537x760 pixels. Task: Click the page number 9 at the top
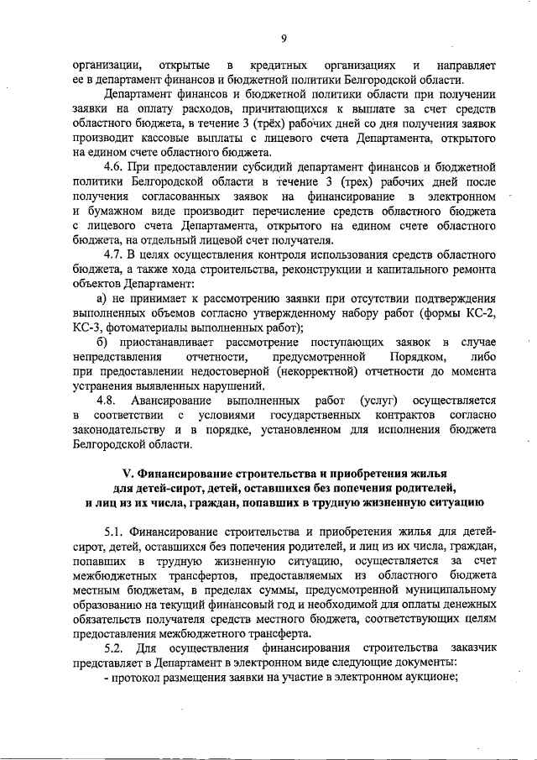[x=284, y=38]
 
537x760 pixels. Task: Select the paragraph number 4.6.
[x=116, y=167]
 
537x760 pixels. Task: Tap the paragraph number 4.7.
[x=116, y=254]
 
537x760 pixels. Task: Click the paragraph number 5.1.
[x=116, y=531]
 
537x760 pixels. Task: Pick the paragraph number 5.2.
[x=113, y=647]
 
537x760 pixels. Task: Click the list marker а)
[x=103, y=298]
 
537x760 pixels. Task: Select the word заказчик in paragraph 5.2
[x=471, y=647]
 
